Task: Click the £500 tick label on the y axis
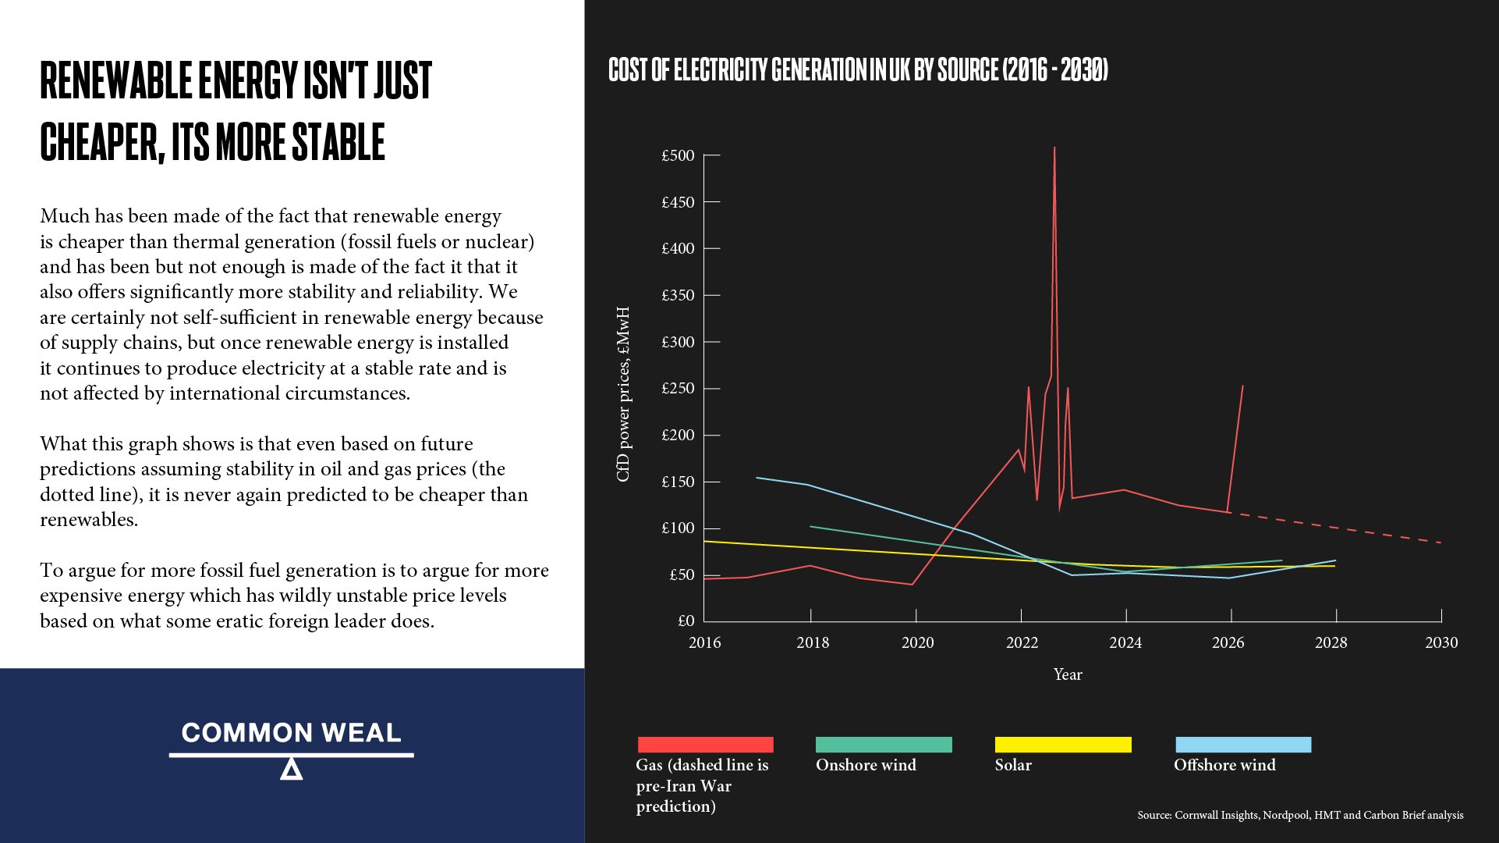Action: [x=678, y=155]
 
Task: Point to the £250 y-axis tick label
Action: [x=678, y=389]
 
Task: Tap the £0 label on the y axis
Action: [x=686, y=621]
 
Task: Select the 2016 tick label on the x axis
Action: [x=704, y=642]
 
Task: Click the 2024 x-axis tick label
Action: [x=1125, y=642]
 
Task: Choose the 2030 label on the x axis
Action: [x=1441, y=642]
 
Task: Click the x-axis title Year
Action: [x=1068, y=674]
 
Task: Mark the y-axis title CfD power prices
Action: [x=622, y=394]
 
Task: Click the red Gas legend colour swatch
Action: [x=705, y=745]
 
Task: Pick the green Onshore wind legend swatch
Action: [x=884, y=745]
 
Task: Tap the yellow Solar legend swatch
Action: [x=1063, y=745]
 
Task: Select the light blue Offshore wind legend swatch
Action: [x=1243, y=745]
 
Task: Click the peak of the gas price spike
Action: [x=1054, y=148]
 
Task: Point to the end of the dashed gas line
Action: [x=1440, y=542]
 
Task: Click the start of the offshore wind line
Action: [x=757, y=478]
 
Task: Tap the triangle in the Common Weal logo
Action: [x=291, y=770]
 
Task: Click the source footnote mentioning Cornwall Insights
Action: [x=1300, y=815]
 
